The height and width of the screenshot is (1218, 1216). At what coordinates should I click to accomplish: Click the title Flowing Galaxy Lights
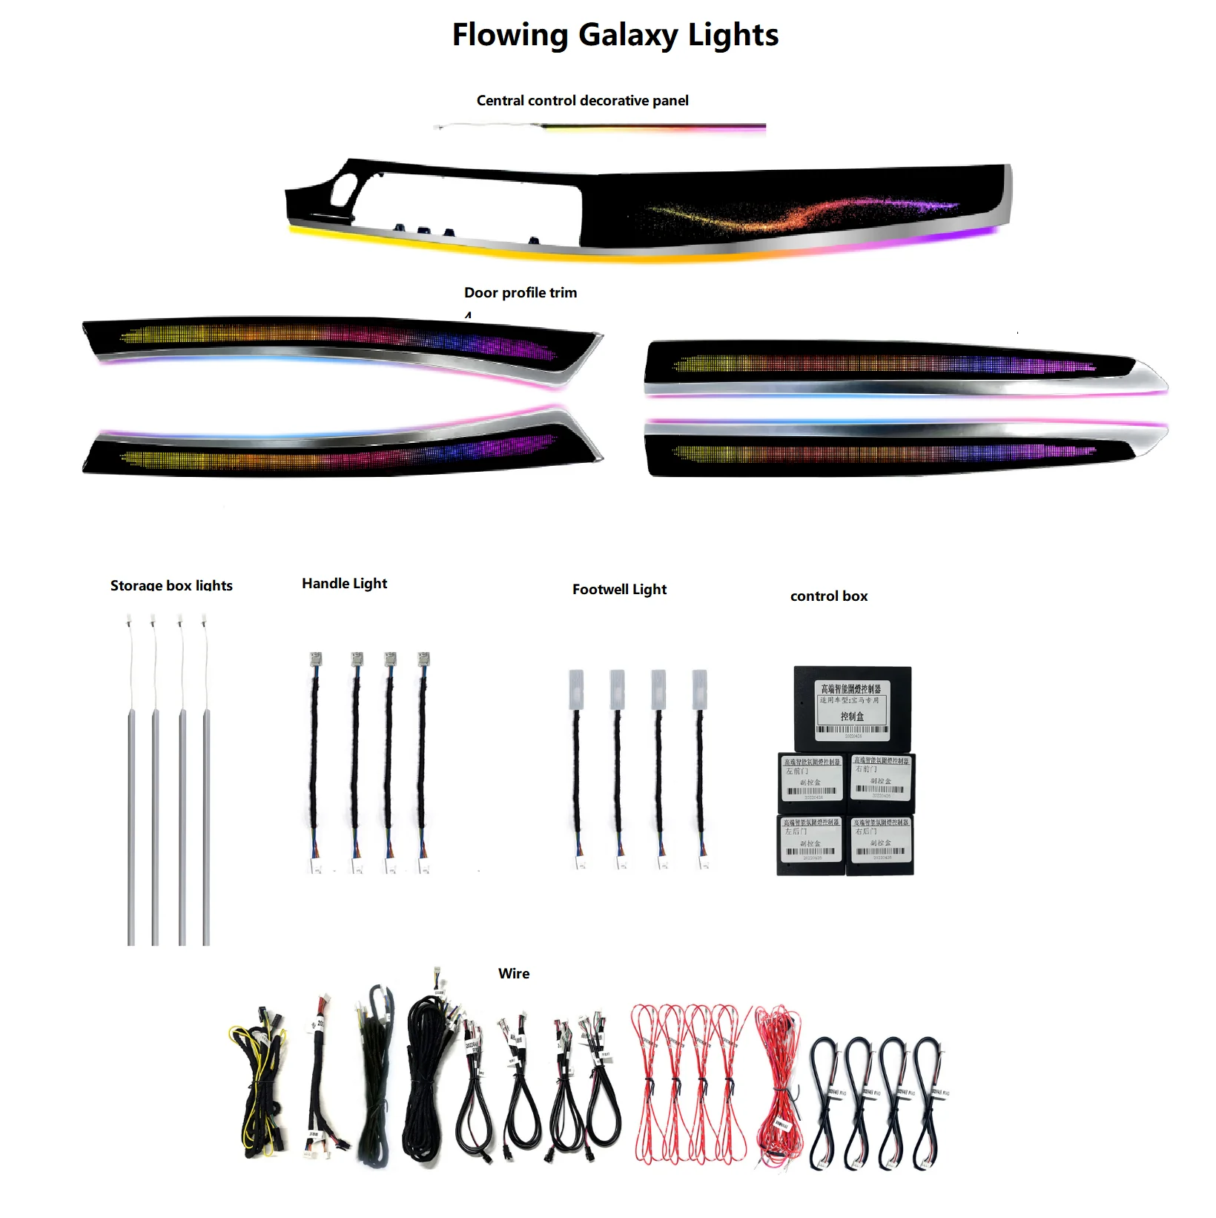pyautogui.click(x=615, y=35)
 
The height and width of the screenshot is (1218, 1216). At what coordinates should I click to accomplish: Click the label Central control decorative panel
pyautogui.click(x=582, y=100)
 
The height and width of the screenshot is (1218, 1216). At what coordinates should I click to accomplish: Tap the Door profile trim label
pyautogui.click(x=520, y=292)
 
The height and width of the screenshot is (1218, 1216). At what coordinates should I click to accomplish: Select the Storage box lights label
pyautogui.click(x=171, y=585)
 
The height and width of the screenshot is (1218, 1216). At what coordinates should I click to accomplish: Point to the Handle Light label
pyautogui.click(x=344, y=584)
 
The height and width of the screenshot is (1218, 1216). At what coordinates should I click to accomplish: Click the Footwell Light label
pyautogui.click(x=619, y=590)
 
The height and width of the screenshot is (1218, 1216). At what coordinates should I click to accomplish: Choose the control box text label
pyautogui.click(x=828, y=596)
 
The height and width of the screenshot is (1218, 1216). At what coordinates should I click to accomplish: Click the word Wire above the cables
pyautogui.click(x=513, y=973)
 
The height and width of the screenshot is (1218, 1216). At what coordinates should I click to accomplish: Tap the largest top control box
pyautogui.click(x=852, y=708)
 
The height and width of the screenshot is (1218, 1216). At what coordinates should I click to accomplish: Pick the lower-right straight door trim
pyautogui.click(x=890, y=449)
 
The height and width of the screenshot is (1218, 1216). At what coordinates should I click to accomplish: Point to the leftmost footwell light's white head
pyautogui.click(x=576, y=689)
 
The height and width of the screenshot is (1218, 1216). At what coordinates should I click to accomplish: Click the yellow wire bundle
pyautogui.click(x=260, y=1083)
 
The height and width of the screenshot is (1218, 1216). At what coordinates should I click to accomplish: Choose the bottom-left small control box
pyautogui.click(x=811, y=844)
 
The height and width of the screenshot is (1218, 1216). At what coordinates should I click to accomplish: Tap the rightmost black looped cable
pyautogui.click(x=927, y=1098)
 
